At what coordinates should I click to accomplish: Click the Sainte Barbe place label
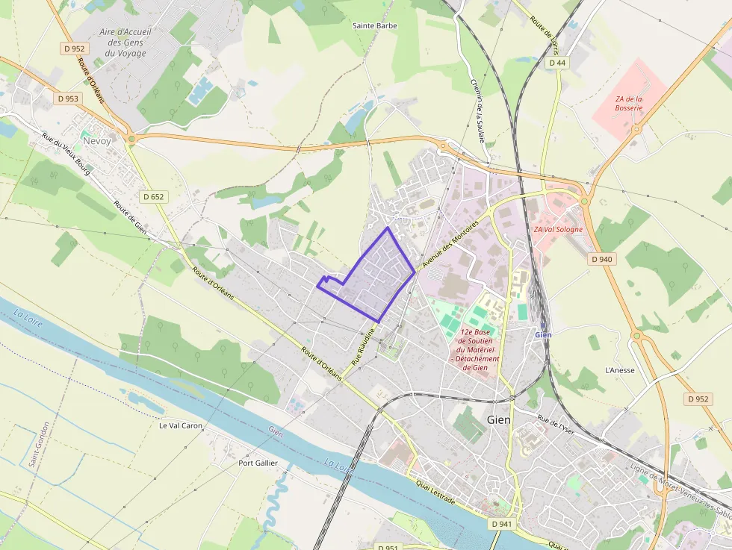(x=375, y=25)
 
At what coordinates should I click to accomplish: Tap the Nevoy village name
(x=96, y=140)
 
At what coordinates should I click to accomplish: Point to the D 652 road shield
(x=153, y=197)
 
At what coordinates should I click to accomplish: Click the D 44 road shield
(x=557, y=63)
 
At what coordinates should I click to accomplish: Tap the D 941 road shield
(x=502, y=524)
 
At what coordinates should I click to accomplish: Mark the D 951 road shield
(x=388, y=547)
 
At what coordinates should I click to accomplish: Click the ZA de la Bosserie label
(x=629, y=103)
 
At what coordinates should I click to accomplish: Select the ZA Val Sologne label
(x=558, y=229)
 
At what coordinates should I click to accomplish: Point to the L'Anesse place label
(x=619, y=369)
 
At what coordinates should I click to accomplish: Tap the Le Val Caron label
(x=181, y=425)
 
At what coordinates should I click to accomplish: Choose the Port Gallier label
(x=258, y=463)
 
